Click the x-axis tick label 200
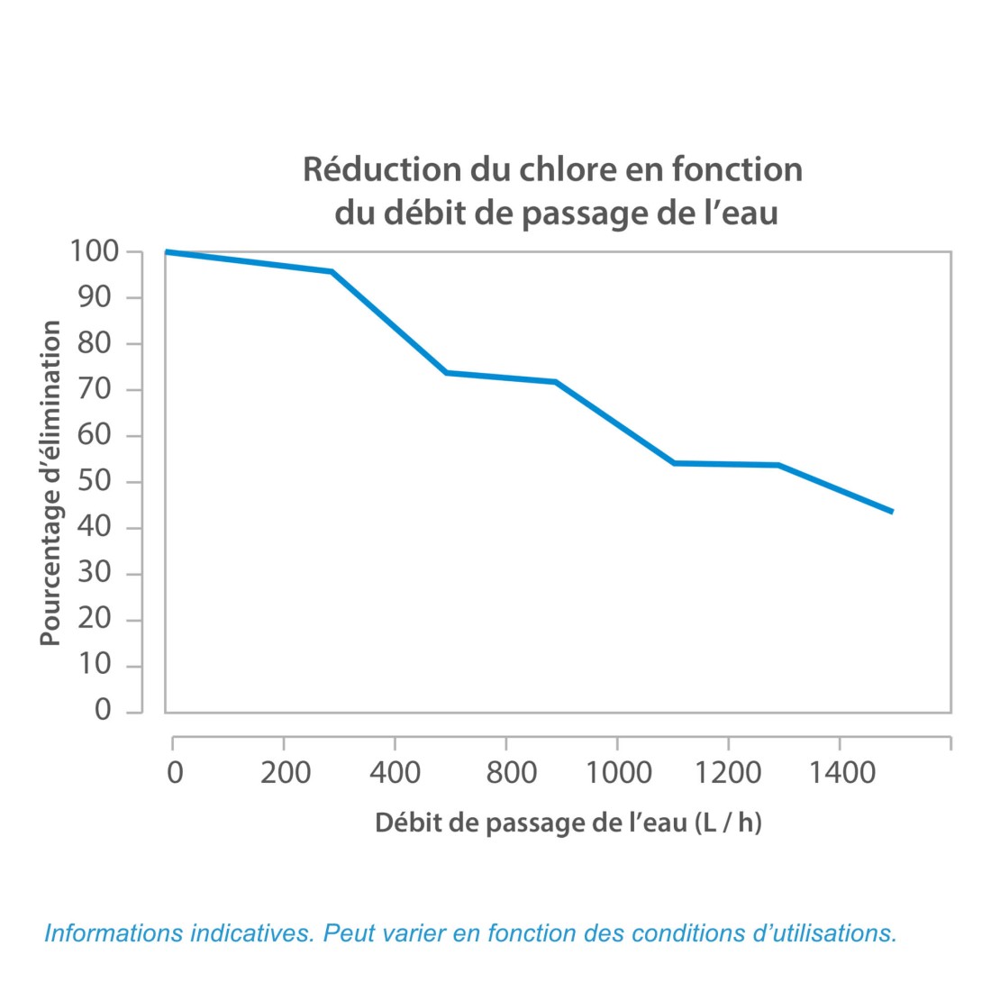[286, 773]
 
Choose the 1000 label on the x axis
[617, 773]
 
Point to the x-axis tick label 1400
[840, 773]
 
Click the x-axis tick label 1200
[728, 773]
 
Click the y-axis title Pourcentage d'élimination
[50, 484]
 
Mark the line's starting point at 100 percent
[168, 252]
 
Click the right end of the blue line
[891, 511]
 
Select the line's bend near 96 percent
[332, 271]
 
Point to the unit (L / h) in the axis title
[728, 823]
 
